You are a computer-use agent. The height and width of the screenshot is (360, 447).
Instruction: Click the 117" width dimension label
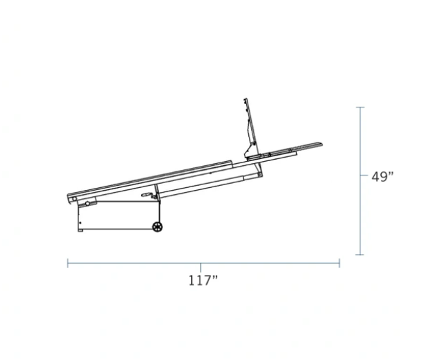[x=203, y=280]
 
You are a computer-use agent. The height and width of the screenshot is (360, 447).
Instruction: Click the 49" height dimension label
[x=382, y=177]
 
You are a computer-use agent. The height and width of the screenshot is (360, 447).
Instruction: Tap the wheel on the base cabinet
[x=157, y=226]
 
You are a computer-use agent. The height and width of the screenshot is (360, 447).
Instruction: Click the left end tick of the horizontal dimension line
[x=67, y=263]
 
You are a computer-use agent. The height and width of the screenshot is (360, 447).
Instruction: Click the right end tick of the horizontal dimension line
[x=339, y=263]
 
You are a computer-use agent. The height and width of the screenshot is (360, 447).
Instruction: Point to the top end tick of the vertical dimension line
[x=360, y=107]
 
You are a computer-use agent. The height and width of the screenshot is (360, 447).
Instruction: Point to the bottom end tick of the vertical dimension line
[x=360, y=255]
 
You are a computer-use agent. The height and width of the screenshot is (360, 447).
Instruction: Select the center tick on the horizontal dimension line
[x=201, y=267]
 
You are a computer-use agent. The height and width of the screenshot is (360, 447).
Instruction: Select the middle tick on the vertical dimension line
[x=364, y=175]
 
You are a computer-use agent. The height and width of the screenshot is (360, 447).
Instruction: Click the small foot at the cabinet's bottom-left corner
[x=80, y=230]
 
